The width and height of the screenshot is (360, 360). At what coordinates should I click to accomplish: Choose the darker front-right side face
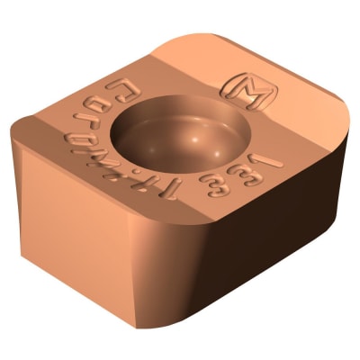coord(261,261)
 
